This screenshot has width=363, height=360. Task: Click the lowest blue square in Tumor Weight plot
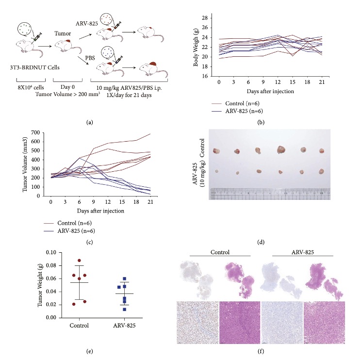pyautogui.click(x=125, y=309)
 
